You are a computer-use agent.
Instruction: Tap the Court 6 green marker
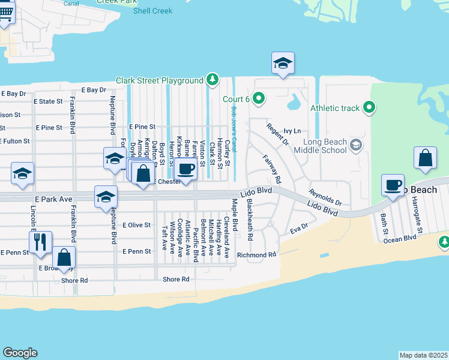tap(259, 97)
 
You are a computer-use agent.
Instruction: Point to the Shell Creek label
tap(152, 11)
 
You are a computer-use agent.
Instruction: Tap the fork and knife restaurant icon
tap(40, 241)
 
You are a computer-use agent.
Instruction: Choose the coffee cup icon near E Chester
tap(187, 169)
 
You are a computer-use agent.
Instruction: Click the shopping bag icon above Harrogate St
tap(425, 158)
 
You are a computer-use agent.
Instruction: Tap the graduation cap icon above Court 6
tap(283, 62)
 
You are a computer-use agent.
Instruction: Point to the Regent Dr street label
tap(277, 135)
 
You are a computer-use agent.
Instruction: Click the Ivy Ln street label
tap(292, 130)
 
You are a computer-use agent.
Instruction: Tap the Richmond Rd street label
tap(256, 254)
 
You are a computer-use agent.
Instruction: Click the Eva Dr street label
tap(298, 229)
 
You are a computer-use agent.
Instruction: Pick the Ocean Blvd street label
tap(400, 238)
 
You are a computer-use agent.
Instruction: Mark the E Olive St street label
tap(136, 225)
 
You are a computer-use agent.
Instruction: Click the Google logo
tap(20, 353)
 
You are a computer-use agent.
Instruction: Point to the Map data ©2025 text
tap(423, 355)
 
